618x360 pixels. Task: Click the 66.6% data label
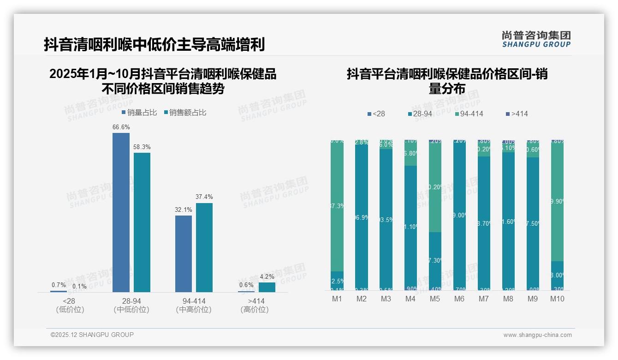(x=121, y=127)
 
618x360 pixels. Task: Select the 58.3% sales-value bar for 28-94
(x=142, y=222)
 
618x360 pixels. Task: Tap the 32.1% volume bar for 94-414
(x=184, y=253)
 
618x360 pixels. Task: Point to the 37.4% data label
(x=204, y=197)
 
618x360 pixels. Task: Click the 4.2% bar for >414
(x=267, y=287)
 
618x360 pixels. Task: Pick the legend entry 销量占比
(x=139, y=113)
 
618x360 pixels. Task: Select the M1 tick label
(x=337, y=299)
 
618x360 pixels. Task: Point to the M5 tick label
(x=435, y=299)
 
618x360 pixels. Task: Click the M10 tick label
(x=557, y=299)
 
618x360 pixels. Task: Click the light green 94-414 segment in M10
(x=557, y=201)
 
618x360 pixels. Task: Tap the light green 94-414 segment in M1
(x=337, y=206)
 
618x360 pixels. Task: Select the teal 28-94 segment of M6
(x=459, y=215)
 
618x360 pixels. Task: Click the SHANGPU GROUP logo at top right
(x=536, y=39)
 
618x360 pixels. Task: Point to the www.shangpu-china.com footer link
(x=537, y=335)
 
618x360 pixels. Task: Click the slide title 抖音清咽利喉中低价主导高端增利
(x=154, y=45)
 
